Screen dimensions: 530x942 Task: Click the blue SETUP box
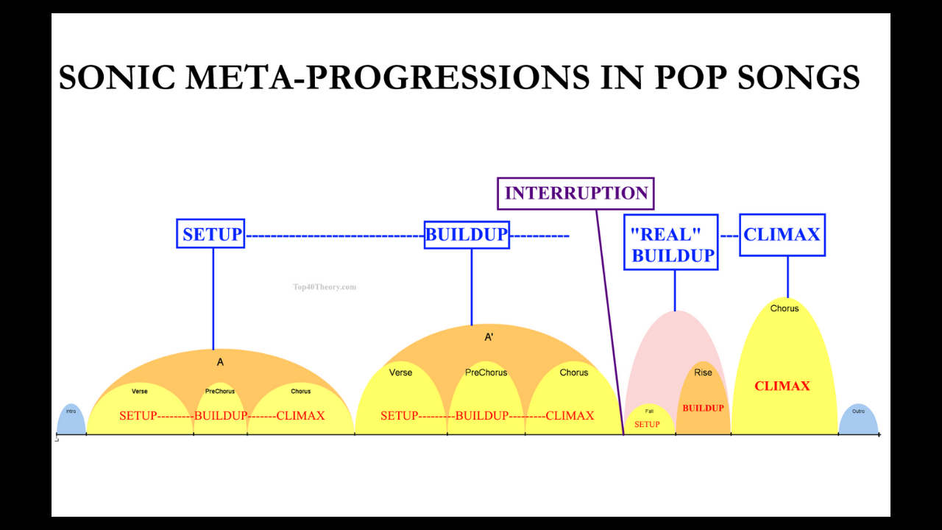pyautogui.click(x=210, y=234)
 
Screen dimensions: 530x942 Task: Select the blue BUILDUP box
pyautogui.click(x=467, y=235)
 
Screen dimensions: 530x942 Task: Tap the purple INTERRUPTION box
pyautogui.click(x=576, y=194)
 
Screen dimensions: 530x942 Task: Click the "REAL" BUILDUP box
pyautogui.click(x=671, y=244)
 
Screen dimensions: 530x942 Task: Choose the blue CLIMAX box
pyautogui.click(x=782, y=235)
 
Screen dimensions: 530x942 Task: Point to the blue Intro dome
pyautogui.click(x=71, y=421)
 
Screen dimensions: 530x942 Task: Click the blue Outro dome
pyautogui.click(x=858, y=421)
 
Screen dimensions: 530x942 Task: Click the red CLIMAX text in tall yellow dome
pyautogui.click(x=782, y=386)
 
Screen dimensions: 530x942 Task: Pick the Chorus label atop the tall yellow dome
pyautogui.click(x=785, y=308)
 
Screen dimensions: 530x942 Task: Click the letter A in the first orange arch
pyautogui.click(x=220, y=362)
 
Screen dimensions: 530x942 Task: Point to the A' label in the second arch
pyautogui.click(x=489, y=337)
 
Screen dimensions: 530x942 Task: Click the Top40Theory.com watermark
pyautogui.click(x=324, y=287)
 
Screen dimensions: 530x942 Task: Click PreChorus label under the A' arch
pyautogui.click(x=486, y=372)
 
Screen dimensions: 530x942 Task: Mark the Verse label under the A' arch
pyautogui.click(x=400, y=372)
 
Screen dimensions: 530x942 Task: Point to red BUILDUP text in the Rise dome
pyautogui.click(x=703, y=408)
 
